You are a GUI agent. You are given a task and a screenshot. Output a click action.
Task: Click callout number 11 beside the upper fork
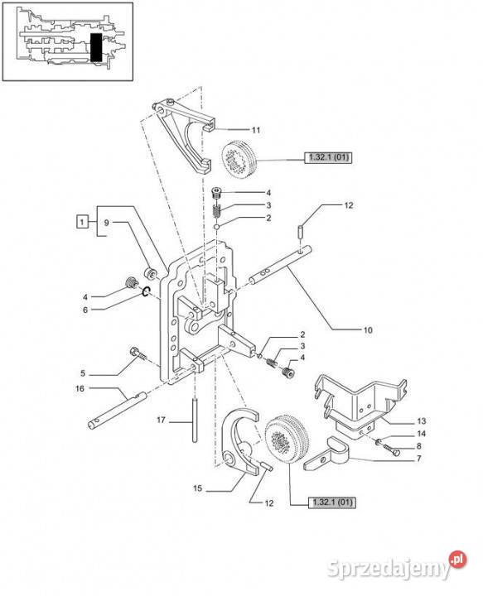(256, 130)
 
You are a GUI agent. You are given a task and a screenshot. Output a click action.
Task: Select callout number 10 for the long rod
(368, 330)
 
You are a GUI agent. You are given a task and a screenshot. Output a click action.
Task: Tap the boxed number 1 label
(82, 221)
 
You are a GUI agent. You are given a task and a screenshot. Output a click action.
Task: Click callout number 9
(107, 223)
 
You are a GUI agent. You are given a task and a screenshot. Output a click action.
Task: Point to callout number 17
(161, 420)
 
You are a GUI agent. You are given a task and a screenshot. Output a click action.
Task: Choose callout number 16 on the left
(80, 388)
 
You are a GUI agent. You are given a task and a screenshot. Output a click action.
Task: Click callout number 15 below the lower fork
(197, 488)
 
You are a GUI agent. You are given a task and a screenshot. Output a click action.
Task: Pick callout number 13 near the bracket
(422, 421)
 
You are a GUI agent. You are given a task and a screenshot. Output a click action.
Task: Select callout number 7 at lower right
(419, 459)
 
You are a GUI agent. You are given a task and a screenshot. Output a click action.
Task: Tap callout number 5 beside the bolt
(83, 373)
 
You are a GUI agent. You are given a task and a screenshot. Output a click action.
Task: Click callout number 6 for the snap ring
(85, 310)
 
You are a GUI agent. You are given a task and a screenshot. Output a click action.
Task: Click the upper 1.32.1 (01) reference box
(328, 157)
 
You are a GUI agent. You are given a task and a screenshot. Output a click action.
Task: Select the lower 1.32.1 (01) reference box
(331, 502)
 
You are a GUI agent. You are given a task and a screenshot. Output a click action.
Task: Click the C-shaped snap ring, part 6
(147, 291)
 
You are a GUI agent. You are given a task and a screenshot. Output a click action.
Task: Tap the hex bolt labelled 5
(138, 353)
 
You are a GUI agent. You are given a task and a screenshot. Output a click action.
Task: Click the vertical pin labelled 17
(195, 420)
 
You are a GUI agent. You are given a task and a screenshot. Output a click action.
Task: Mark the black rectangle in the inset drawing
(96, 47)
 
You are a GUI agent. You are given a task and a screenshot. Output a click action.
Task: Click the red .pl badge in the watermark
(457, 560)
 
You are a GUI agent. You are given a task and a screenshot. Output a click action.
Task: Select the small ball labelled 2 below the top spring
(216, 227)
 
